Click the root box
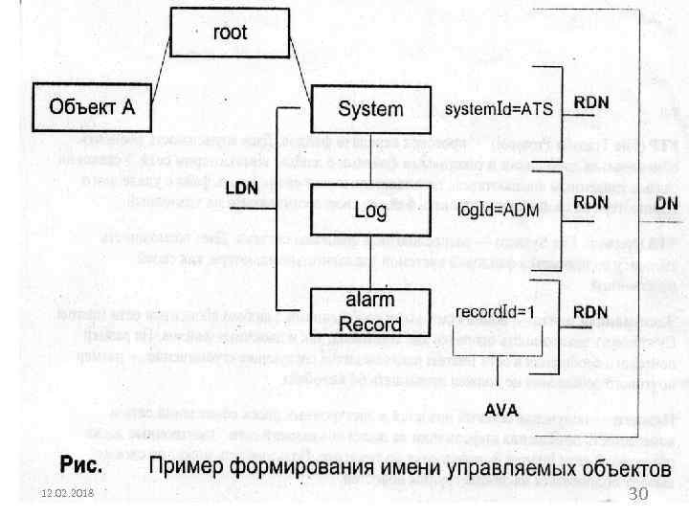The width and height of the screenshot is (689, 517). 229,33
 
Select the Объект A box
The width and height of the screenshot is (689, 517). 92,107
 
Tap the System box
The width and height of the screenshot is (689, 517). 370,109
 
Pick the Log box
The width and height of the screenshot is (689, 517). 370,209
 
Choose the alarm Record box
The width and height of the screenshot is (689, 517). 370,311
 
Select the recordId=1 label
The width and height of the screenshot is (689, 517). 493,312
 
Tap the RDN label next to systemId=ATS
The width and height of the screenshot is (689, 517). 589,101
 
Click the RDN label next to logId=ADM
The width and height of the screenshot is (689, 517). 589,201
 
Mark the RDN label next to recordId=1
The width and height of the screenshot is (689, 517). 589,311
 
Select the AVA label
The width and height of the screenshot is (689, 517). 502,410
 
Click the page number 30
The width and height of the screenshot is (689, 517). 639,492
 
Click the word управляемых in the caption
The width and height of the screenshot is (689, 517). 499,469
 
